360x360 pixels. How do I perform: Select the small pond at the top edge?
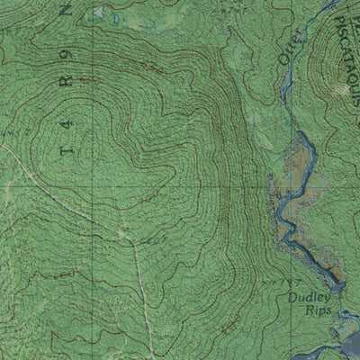100,13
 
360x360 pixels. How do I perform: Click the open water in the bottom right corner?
346,346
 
